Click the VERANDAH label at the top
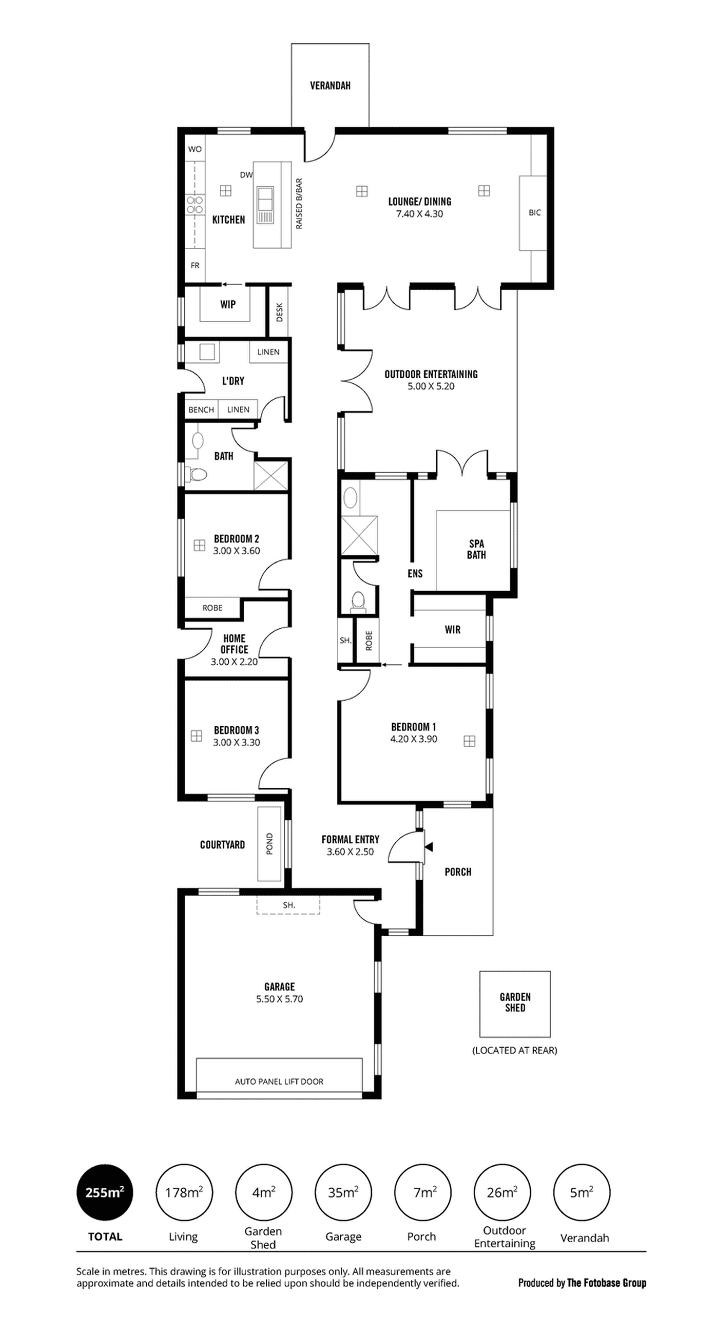click(330, 85)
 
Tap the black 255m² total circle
click(105, 1192)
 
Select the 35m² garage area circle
click(343, 1192)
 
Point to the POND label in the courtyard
click(269, 844)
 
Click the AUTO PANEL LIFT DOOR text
click(279, 1081)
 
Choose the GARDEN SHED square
click(515, 1004)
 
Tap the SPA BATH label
click(477, 549)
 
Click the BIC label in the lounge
click(535, 212)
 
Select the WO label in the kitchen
click(195, 149)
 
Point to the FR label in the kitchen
click(195, 265)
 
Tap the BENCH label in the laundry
click(201, 409)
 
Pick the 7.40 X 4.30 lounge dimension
click(419, 214)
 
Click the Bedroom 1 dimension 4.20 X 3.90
click(414, 739)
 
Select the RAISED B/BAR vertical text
click(299, 203)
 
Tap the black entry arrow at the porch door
click(429, 846)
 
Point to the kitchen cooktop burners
click(195, 205)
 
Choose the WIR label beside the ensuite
click(452, 629)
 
